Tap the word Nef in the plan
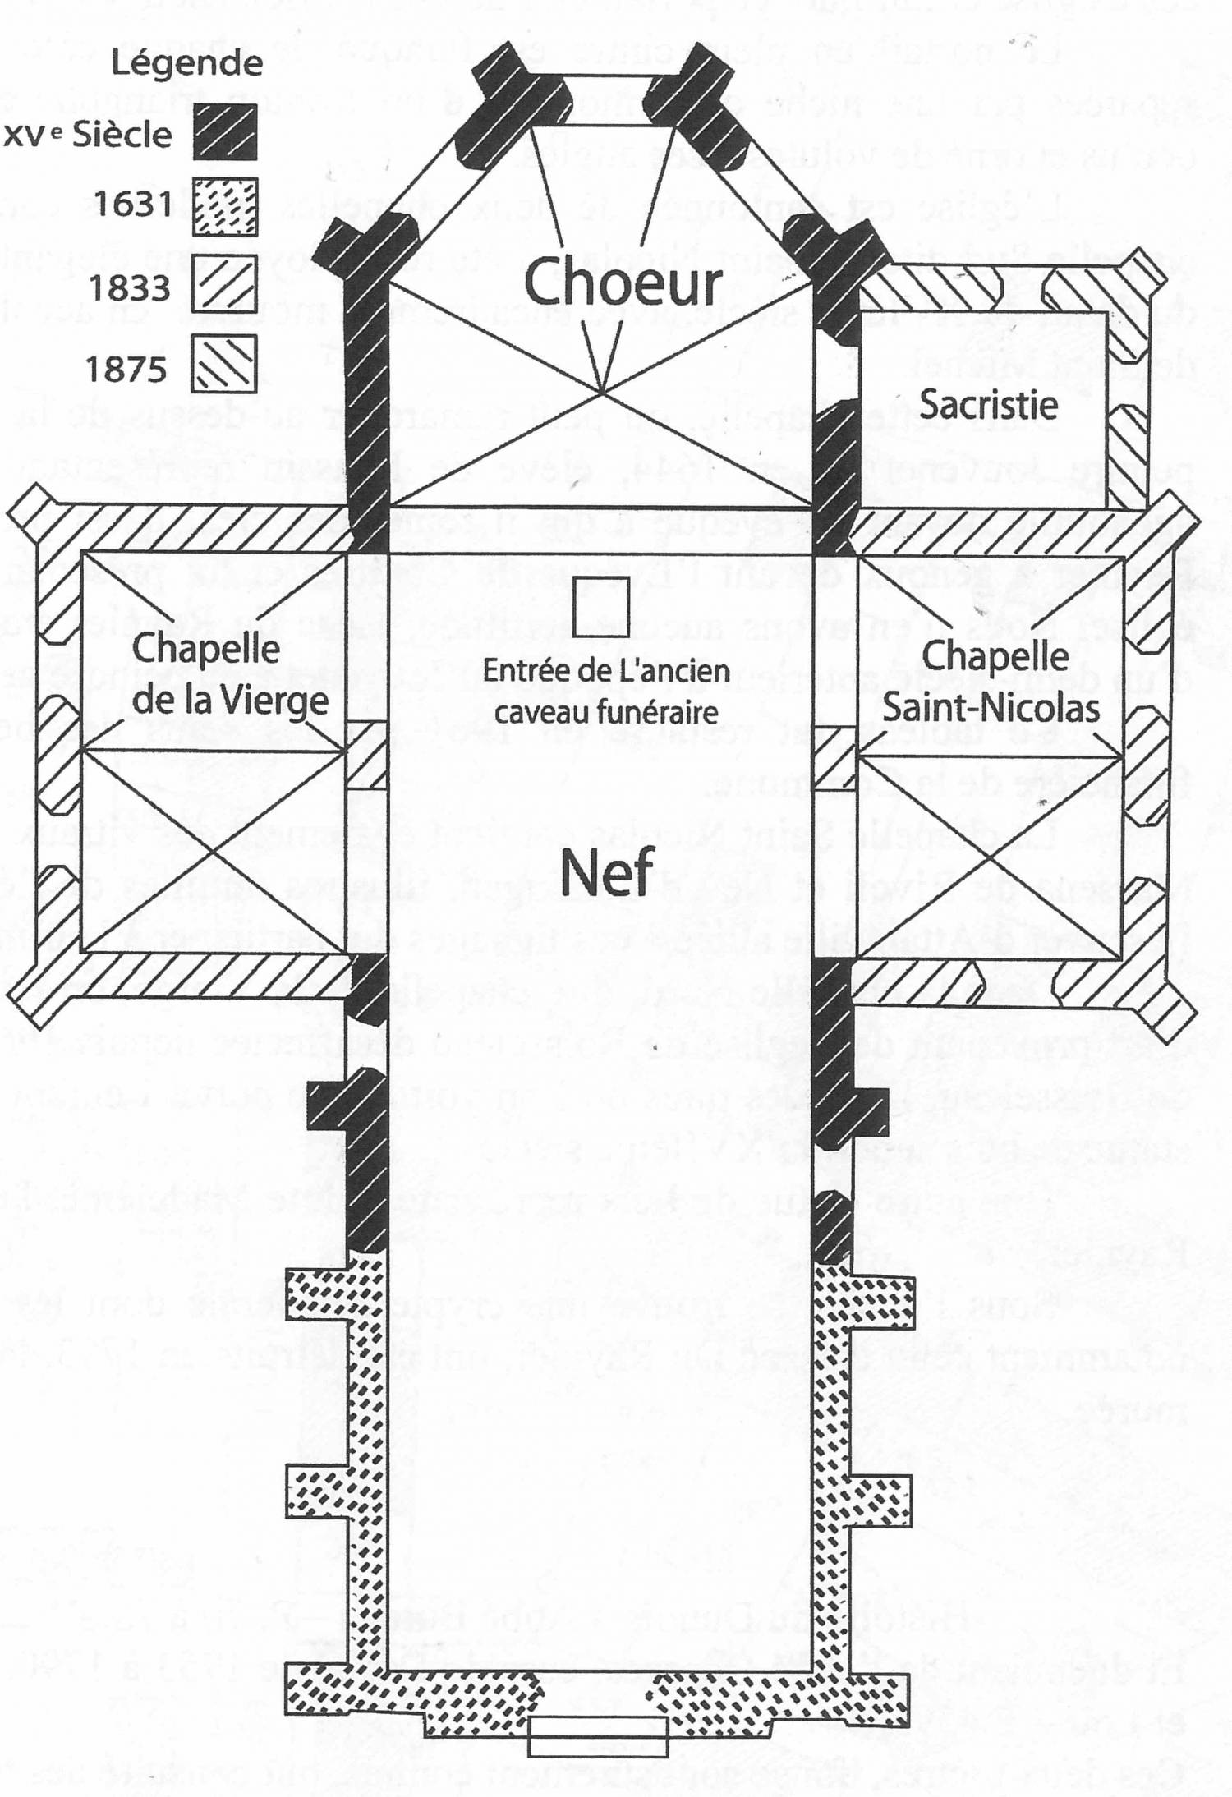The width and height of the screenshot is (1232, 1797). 607,872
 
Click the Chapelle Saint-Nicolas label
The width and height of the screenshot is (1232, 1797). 991,682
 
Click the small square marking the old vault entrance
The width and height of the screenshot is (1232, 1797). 601,608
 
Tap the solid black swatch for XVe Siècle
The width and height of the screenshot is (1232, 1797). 225,131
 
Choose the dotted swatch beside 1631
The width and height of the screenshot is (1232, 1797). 225,207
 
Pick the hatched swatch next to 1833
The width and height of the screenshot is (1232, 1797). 225,283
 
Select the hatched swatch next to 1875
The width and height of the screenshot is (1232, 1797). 225,362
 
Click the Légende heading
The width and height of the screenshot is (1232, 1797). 187,63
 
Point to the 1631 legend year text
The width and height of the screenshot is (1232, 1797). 132,203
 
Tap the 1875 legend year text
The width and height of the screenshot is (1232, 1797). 126,369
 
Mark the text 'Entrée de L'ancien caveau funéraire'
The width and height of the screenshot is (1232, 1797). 606,691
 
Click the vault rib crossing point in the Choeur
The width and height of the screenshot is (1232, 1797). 602,393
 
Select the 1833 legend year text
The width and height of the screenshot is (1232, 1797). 130,287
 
